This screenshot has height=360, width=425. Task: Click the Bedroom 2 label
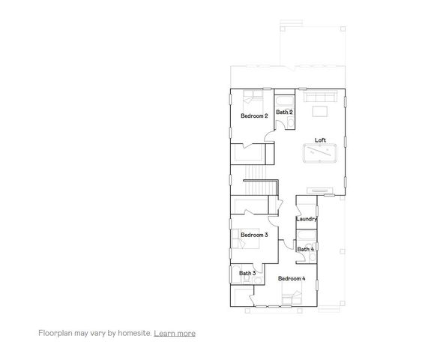254,116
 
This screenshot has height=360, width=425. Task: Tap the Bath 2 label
284,112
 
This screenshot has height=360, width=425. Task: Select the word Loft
320,140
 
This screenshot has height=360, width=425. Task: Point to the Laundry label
306,219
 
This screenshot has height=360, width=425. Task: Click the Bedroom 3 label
254,235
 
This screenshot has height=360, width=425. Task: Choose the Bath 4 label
305,249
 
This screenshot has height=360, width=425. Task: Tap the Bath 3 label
248,273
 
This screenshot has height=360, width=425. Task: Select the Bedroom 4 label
292,278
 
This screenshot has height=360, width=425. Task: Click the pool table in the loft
322,155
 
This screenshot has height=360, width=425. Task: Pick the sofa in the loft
322,97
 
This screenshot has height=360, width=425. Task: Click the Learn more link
175,332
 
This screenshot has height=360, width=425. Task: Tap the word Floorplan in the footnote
55,332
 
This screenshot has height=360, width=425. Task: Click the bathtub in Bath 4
307,238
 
